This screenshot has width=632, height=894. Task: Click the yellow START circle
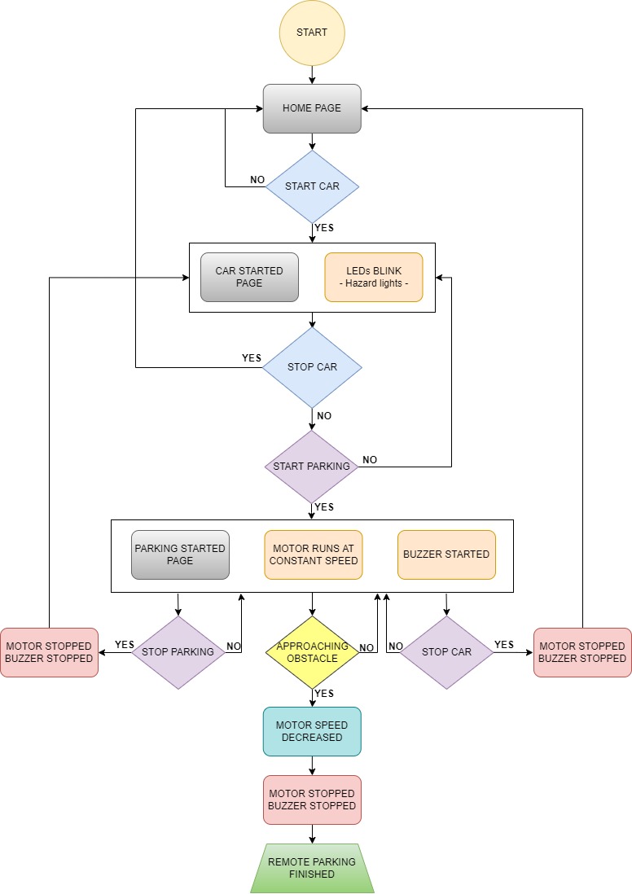(312, 33)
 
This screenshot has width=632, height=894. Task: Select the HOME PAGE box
(312, 108)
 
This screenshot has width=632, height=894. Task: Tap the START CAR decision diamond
(312, 186)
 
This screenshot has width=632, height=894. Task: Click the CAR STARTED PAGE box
(249, 277)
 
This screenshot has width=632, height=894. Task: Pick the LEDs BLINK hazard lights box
(373, 277)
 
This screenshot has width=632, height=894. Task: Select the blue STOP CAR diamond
(312, 367)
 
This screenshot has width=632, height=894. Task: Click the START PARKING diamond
(312, 467)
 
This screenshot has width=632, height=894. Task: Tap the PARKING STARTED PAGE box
(180, 554)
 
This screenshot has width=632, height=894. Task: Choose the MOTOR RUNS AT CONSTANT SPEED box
(313, 554)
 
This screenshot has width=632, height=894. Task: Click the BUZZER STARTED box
(446, 554)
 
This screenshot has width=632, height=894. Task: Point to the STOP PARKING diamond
(178, 651)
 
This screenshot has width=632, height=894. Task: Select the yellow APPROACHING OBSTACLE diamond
(312, 651)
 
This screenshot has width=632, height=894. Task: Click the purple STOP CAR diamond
(446, 651)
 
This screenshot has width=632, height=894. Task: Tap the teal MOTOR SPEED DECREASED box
(312, 731)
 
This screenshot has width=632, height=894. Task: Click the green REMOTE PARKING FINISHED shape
(312, 869)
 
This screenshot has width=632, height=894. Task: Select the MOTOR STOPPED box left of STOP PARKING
(49, 651)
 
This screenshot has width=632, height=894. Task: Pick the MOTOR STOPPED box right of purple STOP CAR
(582, 651)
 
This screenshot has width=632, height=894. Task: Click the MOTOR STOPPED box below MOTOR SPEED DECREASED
(312, 800)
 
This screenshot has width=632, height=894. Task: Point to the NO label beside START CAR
(257, 180)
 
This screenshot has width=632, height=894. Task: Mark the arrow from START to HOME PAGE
(312, 74)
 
